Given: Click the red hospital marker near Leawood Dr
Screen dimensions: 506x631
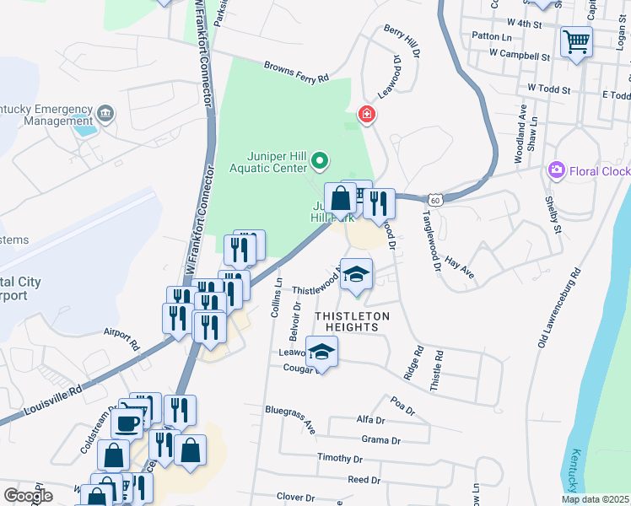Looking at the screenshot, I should pyautogui.click(x=366, y=113).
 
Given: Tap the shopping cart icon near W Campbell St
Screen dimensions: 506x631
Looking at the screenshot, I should pyautogui.click(x=576, y=40).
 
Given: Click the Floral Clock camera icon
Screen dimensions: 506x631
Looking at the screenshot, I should pyautogui.click(x=556, y=171).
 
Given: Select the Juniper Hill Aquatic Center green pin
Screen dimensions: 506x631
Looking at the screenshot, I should pyautogui.click(x=320, y=159).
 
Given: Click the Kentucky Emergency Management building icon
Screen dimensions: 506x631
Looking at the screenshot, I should pyautogui.click(x=105, y=112).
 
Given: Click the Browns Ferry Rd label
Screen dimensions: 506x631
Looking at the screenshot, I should pyautogui.click(x=295, y=72).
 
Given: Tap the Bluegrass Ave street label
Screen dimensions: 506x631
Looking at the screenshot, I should pyautogui.click(x=290, y=418).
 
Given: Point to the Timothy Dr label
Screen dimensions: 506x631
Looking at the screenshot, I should pyautogui.click(x=339, y=458).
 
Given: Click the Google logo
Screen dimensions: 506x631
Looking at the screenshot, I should pyautogui.click(x=28, y=495).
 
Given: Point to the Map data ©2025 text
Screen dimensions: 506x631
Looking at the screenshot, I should pyautogui.click(x=594, y=499).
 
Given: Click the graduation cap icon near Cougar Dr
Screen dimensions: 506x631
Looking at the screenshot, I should pyautogui.click(x=321, y=352).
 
